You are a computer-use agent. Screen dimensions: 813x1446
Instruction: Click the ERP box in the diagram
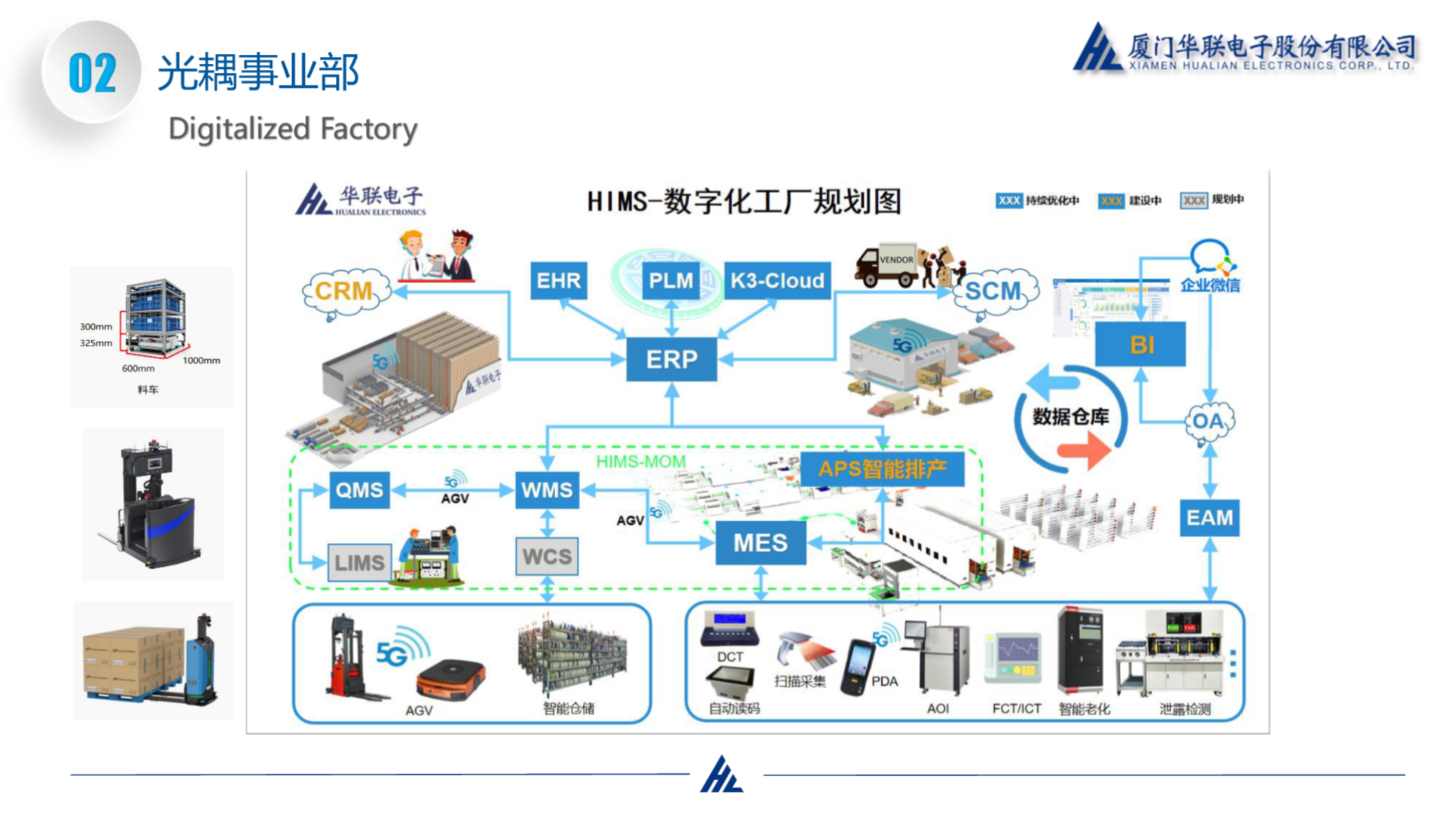pyautogui.click(x=671, y=359)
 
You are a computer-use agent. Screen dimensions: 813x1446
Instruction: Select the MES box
pyautogui.click(x=760, y=543)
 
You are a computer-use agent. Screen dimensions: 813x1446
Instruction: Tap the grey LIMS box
pyautogui.click(x=359, y=562)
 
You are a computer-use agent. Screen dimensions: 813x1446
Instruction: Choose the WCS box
pyautogui.click(x=547, y=556)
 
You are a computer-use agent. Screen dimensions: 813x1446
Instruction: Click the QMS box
pyautogui.click(x=359, y=490)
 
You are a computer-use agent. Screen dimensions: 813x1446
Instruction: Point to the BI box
pyautogui.click(x=1141, y=344)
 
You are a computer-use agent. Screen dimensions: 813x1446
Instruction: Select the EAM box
pyautogui.click(x=1209, y=518)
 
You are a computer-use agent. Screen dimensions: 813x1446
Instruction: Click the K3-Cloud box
pyautogui.click(x=776, y=281)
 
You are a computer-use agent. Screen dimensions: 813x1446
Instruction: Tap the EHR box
pyautogui.click(x=558, y=281)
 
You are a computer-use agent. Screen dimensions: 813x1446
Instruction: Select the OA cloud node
pyautogui.click(x=1208, y=421)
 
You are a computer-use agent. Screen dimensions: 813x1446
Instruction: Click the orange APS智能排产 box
pyautogui.click(x=882, y=469)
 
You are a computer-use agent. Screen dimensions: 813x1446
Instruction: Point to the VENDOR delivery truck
pyautogui.click(x=886, y=266)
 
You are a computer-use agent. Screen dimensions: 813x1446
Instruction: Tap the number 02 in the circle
pyautogui.click(x=92, y=73)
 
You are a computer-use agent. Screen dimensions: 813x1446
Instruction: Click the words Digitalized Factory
pyautogui.click(x=292, y=129)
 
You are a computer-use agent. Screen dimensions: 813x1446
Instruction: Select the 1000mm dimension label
pyautogui.click(x=201, y=361)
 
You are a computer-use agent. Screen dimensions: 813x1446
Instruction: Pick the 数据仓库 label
pyautogui.click(x=1070, y=416)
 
